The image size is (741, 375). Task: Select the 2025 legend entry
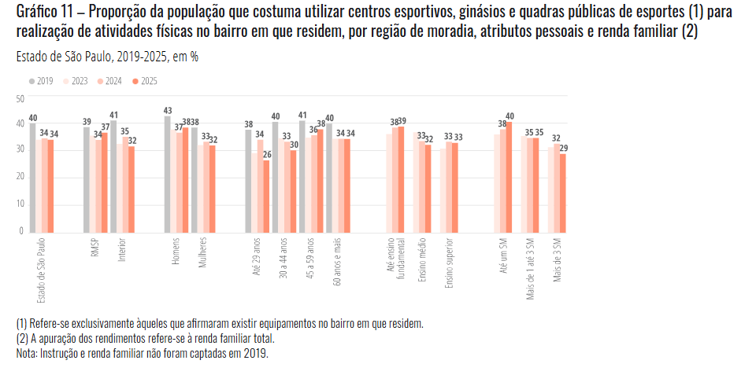coord(145,81)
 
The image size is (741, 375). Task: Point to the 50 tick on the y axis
coord(21,98)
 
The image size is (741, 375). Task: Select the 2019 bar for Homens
coord(168,174)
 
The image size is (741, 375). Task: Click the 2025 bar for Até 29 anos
coord(266,196)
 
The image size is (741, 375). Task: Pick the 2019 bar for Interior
coord(113,176)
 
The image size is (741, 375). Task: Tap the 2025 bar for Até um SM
coord(509,177)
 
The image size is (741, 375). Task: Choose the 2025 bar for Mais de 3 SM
coord(563,192)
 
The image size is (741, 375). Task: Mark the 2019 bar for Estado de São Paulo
coord(33,178)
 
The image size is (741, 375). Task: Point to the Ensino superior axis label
coord(450,264)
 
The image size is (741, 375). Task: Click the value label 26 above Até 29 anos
coord(266,154)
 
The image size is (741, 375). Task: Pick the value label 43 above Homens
coord(168,110)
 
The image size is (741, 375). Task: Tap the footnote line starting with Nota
coord(142,354)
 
